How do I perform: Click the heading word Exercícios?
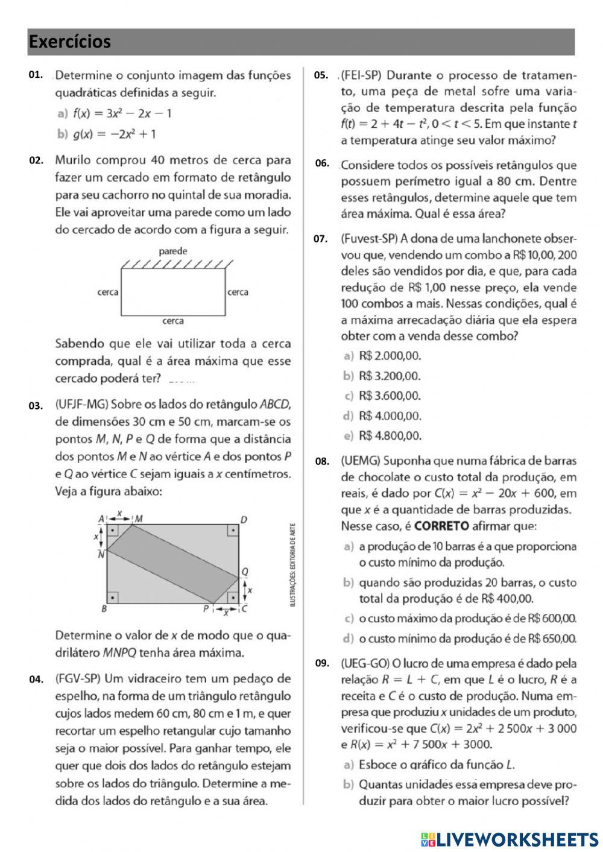[69, 42]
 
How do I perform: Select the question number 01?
[36, 75]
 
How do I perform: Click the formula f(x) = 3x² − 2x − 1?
[122, 113]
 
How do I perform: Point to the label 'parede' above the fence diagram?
[173, 251]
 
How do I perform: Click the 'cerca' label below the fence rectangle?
[173, 321]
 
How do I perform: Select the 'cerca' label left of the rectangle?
[108, 292]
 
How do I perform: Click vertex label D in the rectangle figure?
[244, 519]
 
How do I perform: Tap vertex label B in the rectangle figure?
[104, 609]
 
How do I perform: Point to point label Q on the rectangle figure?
[244, 572]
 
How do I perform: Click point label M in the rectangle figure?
[139, 519]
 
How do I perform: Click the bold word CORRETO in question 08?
[441, 526]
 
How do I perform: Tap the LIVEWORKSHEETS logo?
[510, 839]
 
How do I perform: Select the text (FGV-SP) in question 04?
[74, 679]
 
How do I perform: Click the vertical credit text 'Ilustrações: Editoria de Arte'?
[293, 564]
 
